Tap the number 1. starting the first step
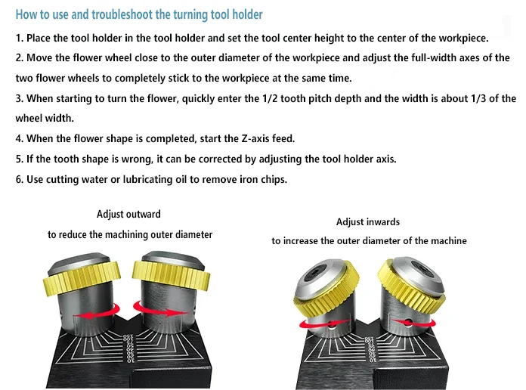[x=20, y=38]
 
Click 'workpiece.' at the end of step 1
[x=463, y=38]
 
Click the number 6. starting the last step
[x=20, y=179]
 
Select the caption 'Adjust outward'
[x=128, y=215]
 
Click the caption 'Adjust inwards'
[x=368, y=222]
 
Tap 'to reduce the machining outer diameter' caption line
[x=130, y=235]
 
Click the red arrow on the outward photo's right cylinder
[x=156, y=306]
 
